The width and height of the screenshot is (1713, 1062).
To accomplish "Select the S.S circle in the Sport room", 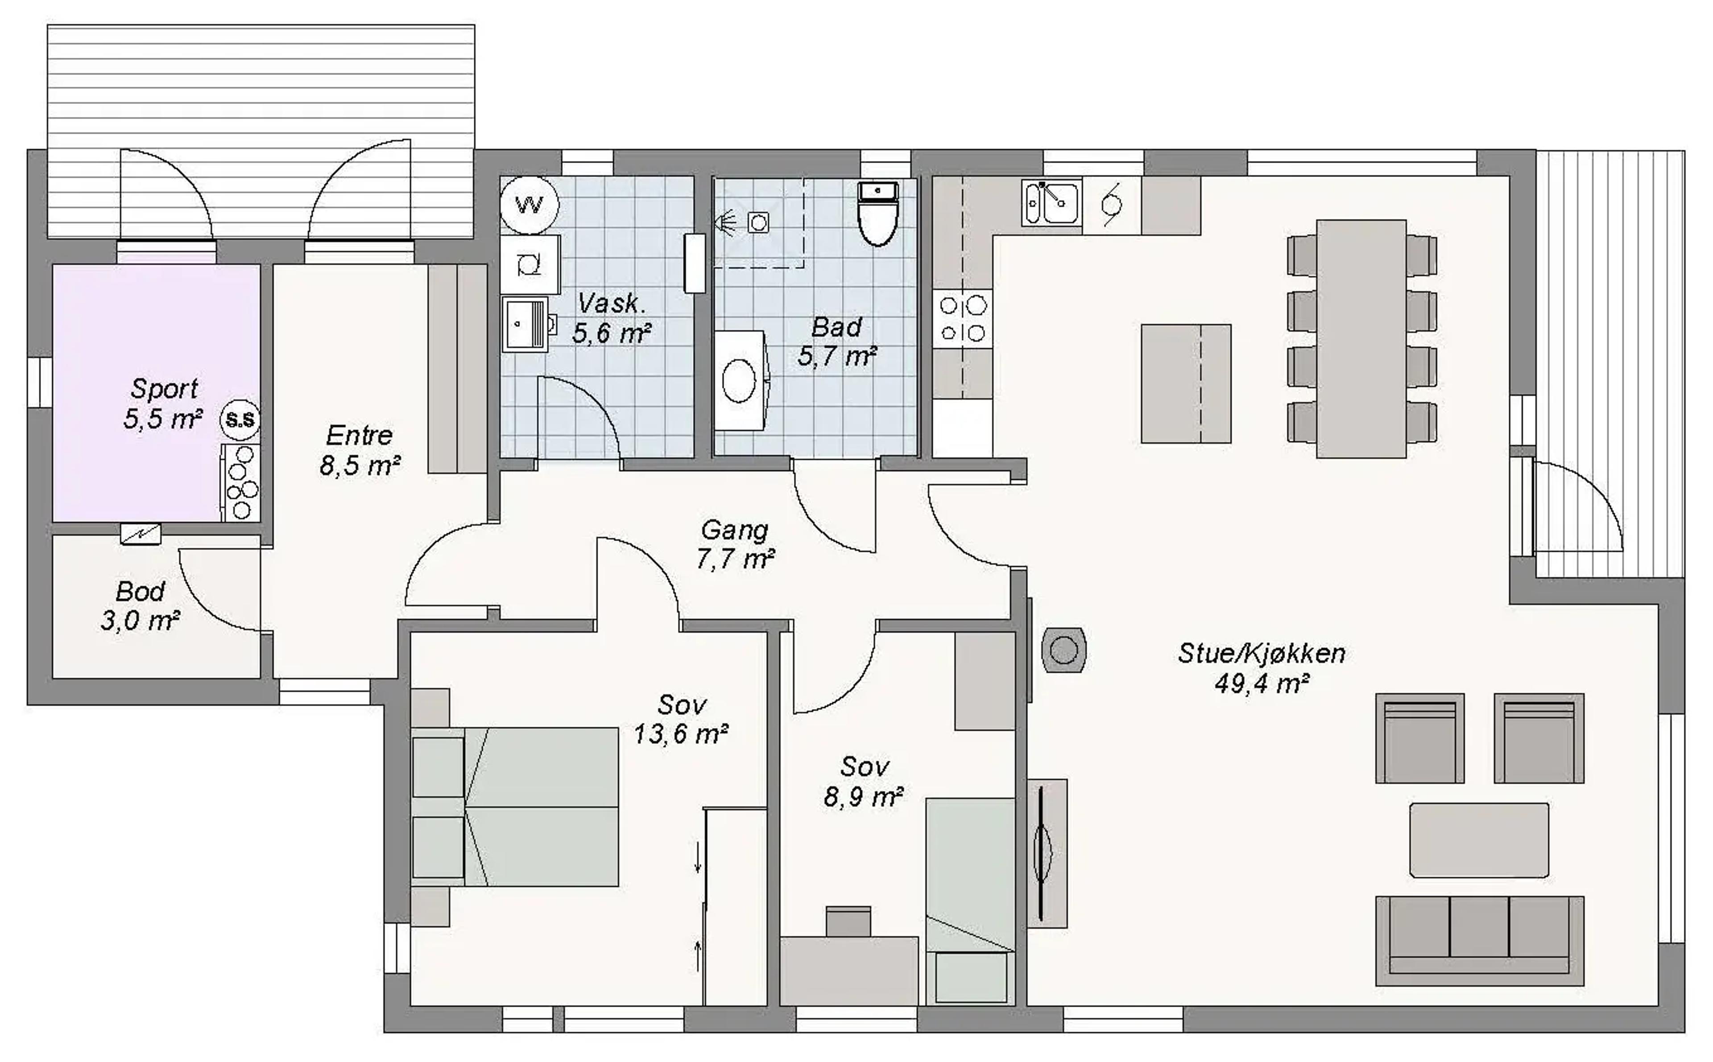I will [240, 420].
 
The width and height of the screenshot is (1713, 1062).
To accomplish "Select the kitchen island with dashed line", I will [1185, 383].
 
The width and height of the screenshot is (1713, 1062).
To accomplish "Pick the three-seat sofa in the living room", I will [1479, 940].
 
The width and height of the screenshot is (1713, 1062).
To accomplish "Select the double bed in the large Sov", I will [541, 807].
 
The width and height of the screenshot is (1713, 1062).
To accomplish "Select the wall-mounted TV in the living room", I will [1041, 853].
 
